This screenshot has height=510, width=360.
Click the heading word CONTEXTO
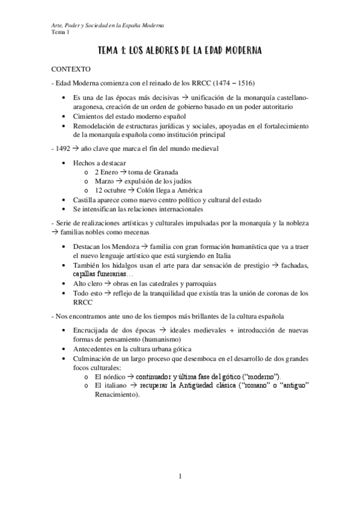coord(71,69)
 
